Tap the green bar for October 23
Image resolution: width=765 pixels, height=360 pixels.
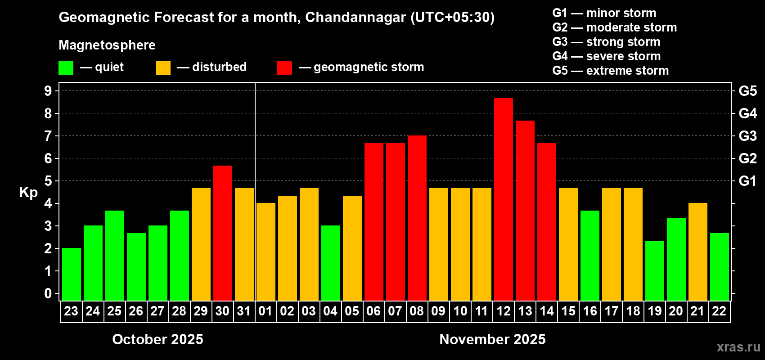71,274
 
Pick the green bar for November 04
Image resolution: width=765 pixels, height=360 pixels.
330,263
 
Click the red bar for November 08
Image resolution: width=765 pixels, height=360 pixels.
417,218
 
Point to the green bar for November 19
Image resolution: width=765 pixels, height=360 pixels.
654,270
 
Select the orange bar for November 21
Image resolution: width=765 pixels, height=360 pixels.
697,252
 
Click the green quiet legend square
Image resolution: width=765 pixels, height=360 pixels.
66,68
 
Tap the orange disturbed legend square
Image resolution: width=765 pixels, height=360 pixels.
163,68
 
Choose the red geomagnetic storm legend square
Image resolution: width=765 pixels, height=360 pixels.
284,68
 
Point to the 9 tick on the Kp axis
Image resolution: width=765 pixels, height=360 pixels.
48,91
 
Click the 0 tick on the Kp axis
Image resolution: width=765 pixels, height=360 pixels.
48,294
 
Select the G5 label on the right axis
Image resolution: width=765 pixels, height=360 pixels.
747,91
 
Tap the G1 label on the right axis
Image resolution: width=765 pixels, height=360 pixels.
747,181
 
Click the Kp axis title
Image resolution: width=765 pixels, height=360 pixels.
28,192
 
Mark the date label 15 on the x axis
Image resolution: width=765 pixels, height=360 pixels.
568,311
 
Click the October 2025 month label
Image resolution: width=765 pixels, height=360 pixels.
157,339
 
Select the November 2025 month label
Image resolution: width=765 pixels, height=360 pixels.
492,339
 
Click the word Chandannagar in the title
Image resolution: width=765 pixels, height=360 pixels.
355,18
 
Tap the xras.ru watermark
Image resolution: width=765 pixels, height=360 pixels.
738,347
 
